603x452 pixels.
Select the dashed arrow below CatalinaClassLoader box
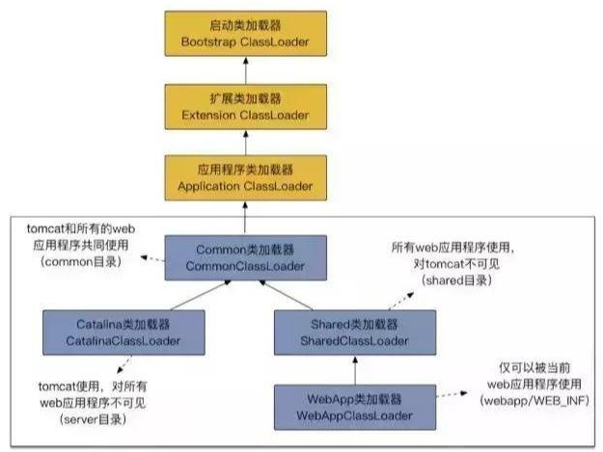coord(119,365)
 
